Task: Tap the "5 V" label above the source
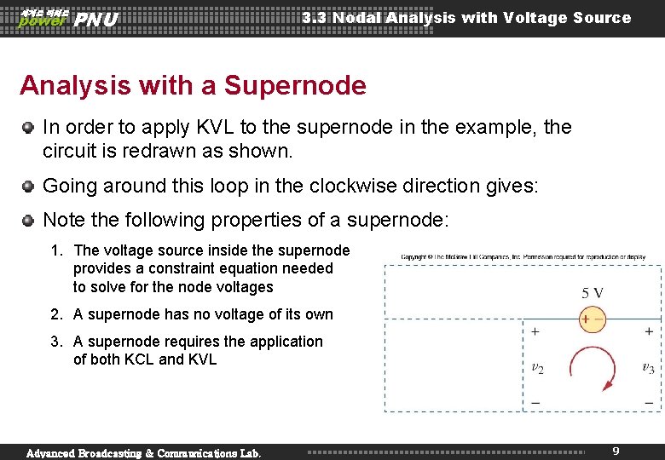pyautogui.click(x=593, y=293)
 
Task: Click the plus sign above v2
pyautogui.click(x=535, y=331)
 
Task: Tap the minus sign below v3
pyautogui.click(x=650, y=401)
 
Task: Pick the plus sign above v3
pyautogui.click(x=650, y=331)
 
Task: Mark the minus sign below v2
pyautogui.click(x=535, y=401)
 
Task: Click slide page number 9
pyautogui.click(x=616, y=450)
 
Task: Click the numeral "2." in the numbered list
pyautogui.click(x=56, y=314)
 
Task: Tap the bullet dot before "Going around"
pyautogui.click(x=28, y=186)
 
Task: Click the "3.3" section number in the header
pyautogui.click(x=315, y=18)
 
